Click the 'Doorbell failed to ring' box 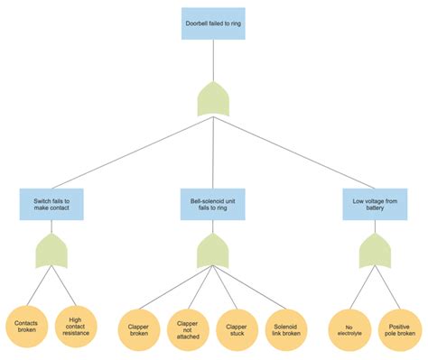pyautogui.click(x=214, y=23)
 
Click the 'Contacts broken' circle pyautogui.click(x=26, y=325)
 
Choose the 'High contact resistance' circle pyautogui.click(x=76, y=325)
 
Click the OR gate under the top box pyautogui.click(x=214, y=97)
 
